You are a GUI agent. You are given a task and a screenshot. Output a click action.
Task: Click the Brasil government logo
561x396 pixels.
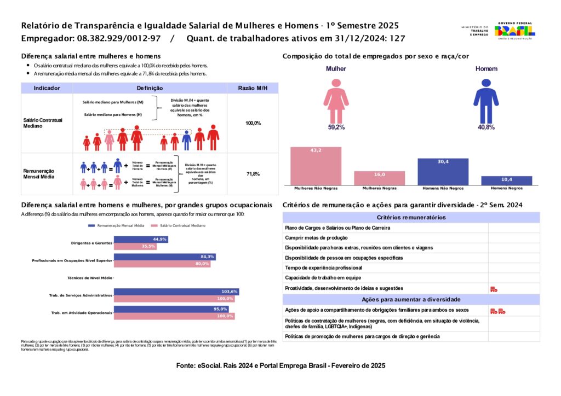pyautogui.click(x=515, y=31)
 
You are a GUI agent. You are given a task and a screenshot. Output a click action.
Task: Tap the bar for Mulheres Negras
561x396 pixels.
pyautogui.click(x=379, y=178)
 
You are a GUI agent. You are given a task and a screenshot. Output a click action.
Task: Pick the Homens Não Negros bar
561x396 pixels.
pyautogui.click(x=443, y=172)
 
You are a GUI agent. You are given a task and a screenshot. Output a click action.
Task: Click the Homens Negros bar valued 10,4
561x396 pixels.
pyautogui.click(x=506, y=180)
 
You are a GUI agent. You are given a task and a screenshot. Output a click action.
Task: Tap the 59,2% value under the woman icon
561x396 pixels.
pyautogui.click(x=336, y=127)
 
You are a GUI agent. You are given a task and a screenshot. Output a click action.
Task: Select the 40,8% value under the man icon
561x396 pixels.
pyautogui.click(x=486, y=127)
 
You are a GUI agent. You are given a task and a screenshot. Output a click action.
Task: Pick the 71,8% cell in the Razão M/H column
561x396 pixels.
pyautogui.click(x=253, y=174)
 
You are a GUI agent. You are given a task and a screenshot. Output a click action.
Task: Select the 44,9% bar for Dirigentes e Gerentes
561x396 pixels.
pyautogui.click(x=140, y=240)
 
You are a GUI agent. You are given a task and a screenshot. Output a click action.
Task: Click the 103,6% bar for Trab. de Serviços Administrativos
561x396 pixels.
pyautogui.click(x=176, y=292)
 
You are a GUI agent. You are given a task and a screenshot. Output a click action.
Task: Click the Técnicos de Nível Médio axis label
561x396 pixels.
pyautogui.click(x=89, y=278)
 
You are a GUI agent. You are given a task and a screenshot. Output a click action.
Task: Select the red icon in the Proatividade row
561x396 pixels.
pyautogui.click(x=494, y=289)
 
